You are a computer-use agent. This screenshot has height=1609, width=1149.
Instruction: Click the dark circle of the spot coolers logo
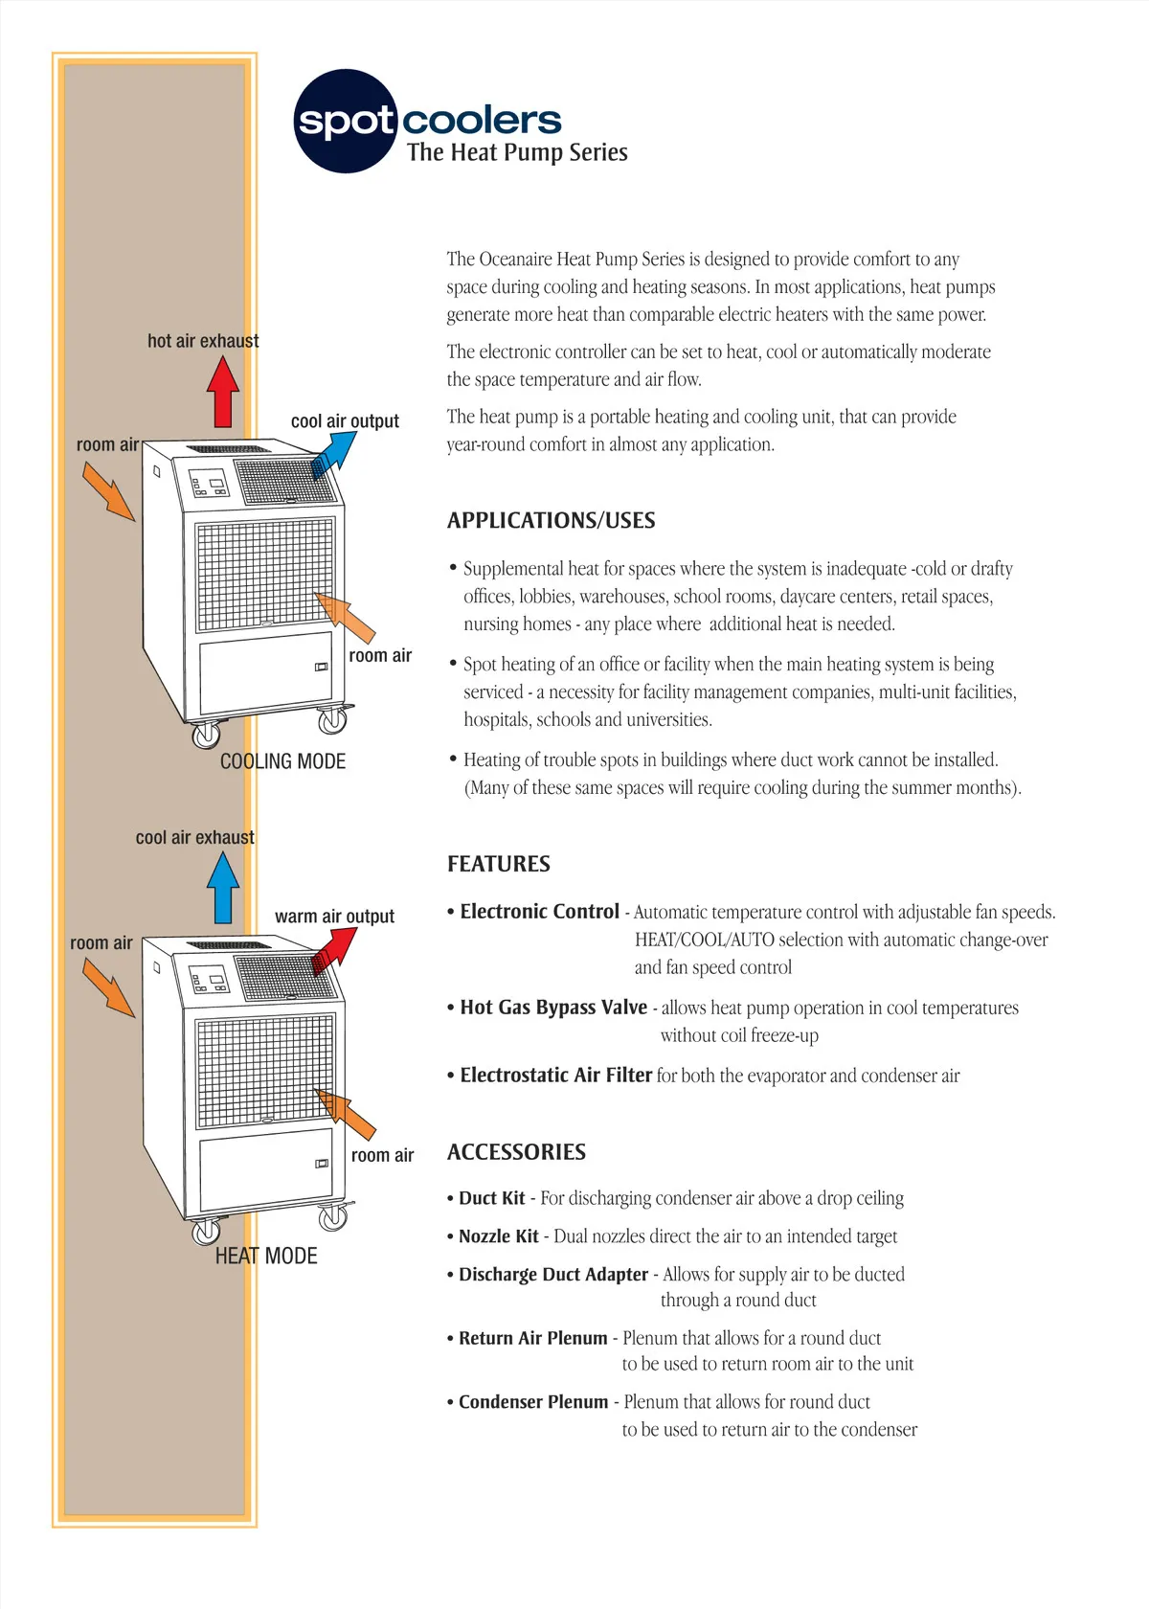pyautogui.click(x=345, y=121)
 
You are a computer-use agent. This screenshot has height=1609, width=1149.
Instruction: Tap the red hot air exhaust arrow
pyautogui.click(x=223, y=392)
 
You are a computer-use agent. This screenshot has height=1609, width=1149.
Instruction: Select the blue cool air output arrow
pyautogui.click(x=334, y=453)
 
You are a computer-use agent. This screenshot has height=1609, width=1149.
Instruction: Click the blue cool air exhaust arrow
pyautogui.click(x=223, y=888)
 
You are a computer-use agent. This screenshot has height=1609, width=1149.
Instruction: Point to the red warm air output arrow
pyautogui.click(x=334, y=949)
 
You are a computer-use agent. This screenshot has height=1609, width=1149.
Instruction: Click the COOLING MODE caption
pyautogui.click(x=282, y=761)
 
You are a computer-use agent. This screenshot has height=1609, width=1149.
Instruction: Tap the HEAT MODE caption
pyautogui.click(x=266, y=1256)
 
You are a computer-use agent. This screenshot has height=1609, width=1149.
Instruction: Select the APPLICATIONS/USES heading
pyautogui.click(x=551, y=520)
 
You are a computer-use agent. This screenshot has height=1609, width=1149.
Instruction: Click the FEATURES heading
pyautogui.click(x=498, y=864)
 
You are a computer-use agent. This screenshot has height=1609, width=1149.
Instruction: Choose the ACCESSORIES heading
pyautogui.click(x=516, y=1152)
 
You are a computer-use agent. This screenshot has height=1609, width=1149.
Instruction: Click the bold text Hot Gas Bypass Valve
pyautogui.click(x=553, y=1008)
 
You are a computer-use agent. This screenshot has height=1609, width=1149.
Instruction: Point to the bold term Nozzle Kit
pyautogui.click(x=499, y=1236)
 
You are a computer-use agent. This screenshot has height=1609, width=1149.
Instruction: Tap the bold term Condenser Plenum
pyautogui.click(x=533, y=1402)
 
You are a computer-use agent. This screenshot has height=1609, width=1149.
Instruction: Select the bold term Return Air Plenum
pyautogui.click(x=533, y=1338)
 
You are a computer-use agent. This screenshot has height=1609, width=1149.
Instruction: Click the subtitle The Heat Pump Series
pyautogui.click(x=517, y=152)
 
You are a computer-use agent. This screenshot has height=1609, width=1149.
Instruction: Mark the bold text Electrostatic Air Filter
pyautogui.click(x=556, y=1076)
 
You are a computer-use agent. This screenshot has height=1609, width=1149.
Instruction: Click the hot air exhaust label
pyautogui.click(x=203, y=341)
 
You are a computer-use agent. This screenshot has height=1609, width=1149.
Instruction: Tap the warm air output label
pyautogui.click(x=334, y=917)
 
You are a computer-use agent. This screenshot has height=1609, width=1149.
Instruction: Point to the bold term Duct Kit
pyautogui.click(x=492, y=1198)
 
